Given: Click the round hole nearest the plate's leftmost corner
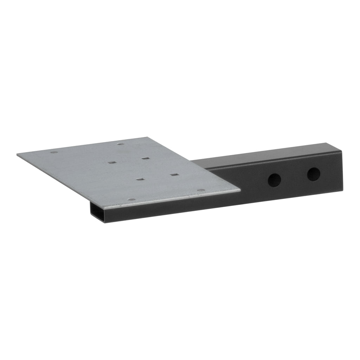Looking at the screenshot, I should (54, 152).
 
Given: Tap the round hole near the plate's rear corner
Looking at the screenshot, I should (121, 144).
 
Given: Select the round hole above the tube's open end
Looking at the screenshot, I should (131, 200).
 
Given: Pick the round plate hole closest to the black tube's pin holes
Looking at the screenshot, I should (201, 190).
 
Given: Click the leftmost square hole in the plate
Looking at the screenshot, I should (112, 162).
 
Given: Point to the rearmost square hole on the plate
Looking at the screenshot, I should (144, 159).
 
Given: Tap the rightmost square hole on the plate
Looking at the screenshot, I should (173, 174).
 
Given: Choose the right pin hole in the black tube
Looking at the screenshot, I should (313, 174).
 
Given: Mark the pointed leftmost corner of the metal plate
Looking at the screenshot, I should (17, 154).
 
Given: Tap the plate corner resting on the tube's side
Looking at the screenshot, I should (240, 191).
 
